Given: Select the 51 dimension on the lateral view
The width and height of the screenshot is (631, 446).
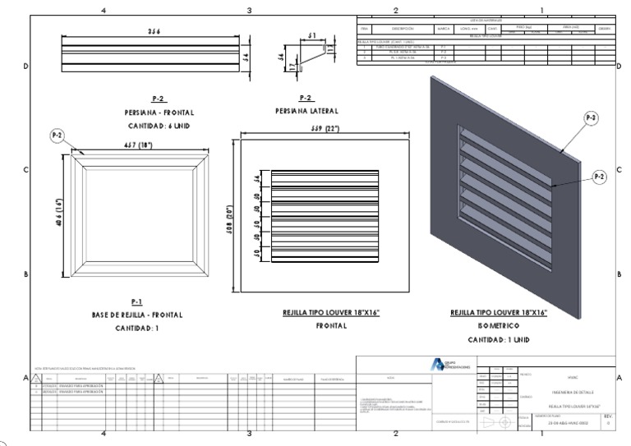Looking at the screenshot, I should pos(312,35).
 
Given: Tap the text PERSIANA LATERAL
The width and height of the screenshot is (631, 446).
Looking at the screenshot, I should pos(306,110).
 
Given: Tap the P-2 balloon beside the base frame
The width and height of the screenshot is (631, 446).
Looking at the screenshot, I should pos(58,135).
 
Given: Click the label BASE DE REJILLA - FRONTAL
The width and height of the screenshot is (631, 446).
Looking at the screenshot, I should pos(137,315).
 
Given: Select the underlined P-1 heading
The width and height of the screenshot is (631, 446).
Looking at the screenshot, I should pos(137,301).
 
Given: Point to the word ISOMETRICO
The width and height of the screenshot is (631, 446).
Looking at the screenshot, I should pos(499,326).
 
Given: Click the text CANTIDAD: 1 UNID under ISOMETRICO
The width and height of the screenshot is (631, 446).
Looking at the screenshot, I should pos(499,339).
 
